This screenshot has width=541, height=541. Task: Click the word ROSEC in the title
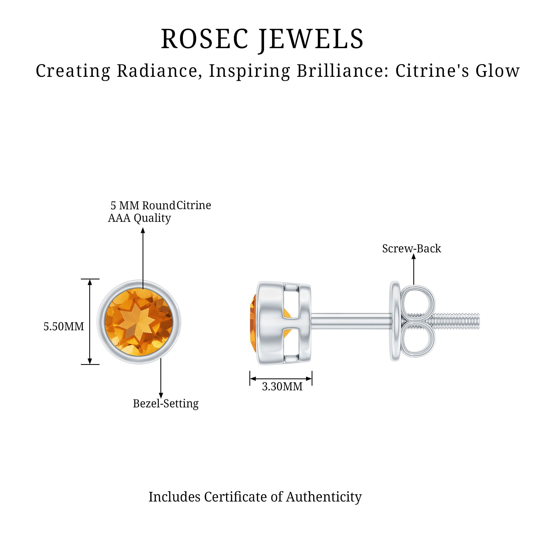tap(204, 39)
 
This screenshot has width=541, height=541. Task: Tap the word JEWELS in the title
tap(311, 39)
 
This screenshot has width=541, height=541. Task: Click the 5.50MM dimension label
tap(64, 326)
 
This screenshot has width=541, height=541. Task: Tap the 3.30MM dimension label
tap(282, 387)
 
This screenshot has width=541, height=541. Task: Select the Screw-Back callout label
tap(411, 249)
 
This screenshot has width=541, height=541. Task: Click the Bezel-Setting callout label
tap(166, 404)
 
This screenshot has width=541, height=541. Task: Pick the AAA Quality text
tap(140, 218)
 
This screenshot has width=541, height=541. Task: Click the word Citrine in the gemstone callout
tap(194, 206)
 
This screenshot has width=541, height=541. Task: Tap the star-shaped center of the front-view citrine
tap(139, 322)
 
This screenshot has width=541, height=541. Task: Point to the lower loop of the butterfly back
tap(418, 342)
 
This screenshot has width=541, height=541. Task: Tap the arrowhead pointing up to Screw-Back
tap(414, 256)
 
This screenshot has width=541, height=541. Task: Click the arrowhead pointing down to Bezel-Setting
tap(161, 395)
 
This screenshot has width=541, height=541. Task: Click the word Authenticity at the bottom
tap(324, 497)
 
